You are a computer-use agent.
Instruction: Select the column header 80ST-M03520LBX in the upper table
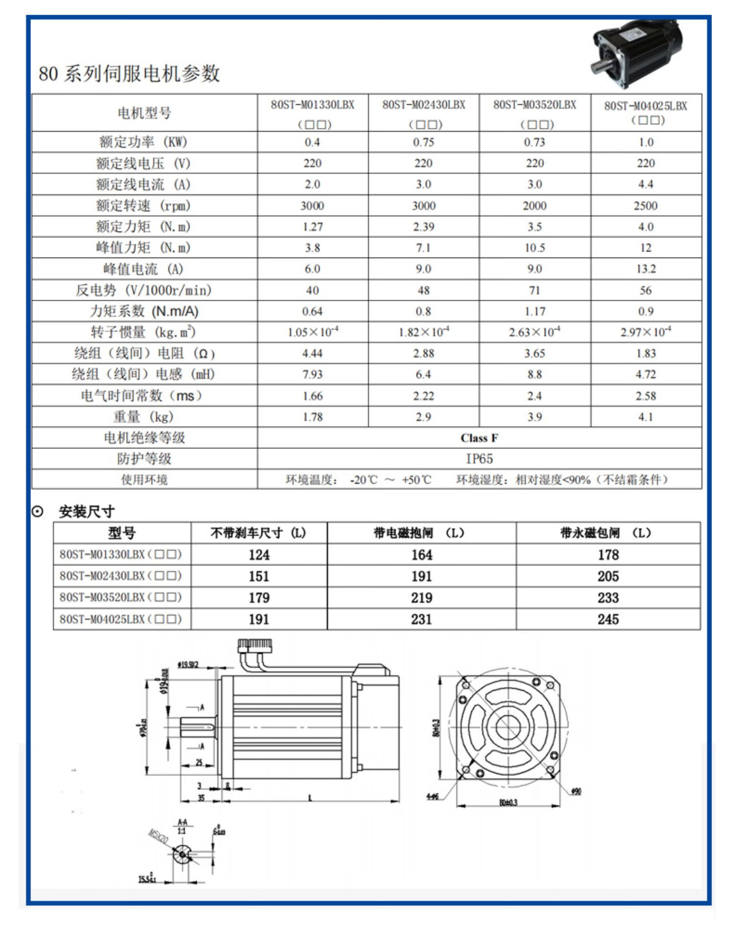click(x=535, y=105)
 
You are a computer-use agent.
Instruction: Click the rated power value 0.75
click(x=423, y=142)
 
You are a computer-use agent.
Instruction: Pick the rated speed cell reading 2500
click(x=645, y=206)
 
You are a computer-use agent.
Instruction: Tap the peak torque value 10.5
click(x=534, y=248)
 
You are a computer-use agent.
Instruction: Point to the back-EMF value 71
click(x=534, y=290)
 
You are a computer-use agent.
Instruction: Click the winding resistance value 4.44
click(x=313, y=353)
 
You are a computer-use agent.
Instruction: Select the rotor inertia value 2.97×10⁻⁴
click(x=645, y=332)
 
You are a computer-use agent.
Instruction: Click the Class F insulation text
click(x=479, y=438)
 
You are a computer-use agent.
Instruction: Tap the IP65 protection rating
click(x=479, y=459)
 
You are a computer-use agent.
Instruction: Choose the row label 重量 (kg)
click(x=144, y=417)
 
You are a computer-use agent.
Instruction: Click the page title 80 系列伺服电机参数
click(x=129, y=73)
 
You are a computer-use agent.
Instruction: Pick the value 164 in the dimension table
click(x=421, y=555)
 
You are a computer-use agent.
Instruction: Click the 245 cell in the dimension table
click(x=608, y=619)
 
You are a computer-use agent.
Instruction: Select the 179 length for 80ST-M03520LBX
click(x=259, y=598)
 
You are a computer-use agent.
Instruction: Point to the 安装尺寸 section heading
click(x=87, y=512)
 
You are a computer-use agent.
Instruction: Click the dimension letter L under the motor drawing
click(x=310, y=799)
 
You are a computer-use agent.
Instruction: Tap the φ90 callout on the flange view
click(x=576, y=792)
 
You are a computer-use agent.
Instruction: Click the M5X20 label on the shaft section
click(x=158, y=836)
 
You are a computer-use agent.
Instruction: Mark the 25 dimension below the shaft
click(x=199, y=762)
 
